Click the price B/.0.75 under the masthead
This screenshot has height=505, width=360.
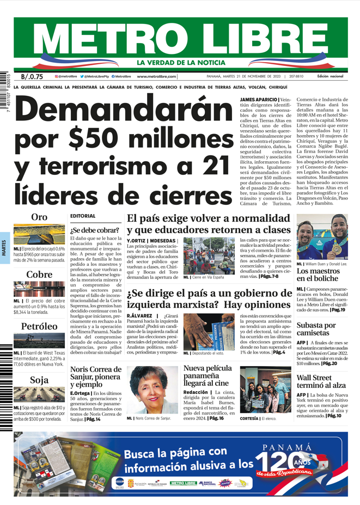click(32, 77)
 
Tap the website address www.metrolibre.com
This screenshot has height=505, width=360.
click(156, 77)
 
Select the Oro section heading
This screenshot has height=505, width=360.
click(39, 217)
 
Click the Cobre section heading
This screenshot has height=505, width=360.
click(39, 275)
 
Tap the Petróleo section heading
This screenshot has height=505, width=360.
click(39, 326)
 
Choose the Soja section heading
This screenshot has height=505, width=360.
click(39, 380)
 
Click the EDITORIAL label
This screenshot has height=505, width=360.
click(83, 216)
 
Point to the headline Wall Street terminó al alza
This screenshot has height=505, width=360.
click(321, 381)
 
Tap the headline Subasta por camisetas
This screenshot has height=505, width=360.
click(316, 329)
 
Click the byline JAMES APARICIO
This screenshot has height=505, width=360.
click(258, 100)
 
